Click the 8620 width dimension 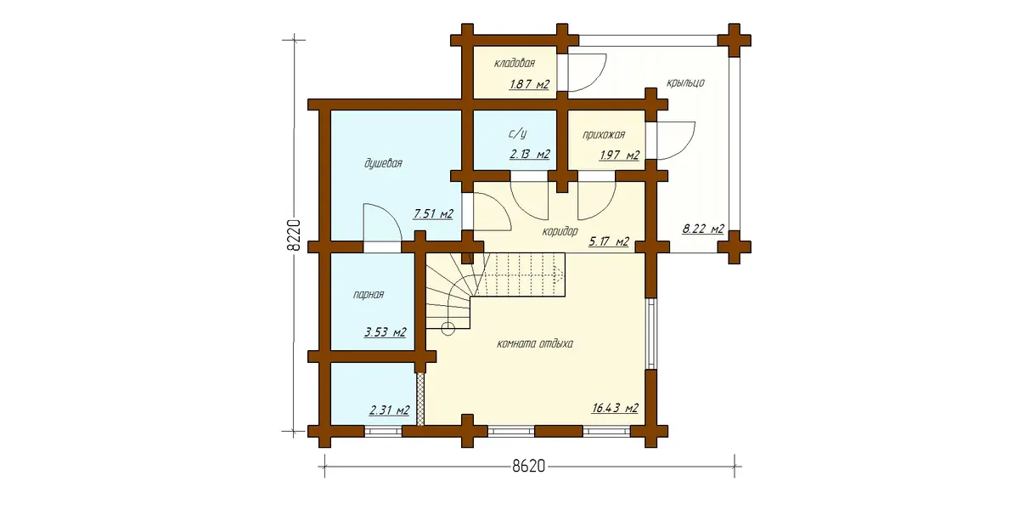point(528,466)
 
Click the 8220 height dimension point(295,235)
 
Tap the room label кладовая point(515,63)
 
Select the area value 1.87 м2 point(530,84)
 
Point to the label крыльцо point(685,82)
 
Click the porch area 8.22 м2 point(703,229)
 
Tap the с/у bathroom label point(518,134)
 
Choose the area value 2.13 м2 point(530,155)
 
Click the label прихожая point(604,135)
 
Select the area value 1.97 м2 point(619,156)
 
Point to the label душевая point(383,163)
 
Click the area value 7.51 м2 point(433,213)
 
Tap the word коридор point(560,231)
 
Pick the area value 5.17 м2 point(609,241)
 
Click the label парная point(369,295)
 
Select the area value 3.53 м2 point(385,332)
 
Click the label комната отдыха point(534,344)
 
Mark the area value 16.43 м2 point(615,408)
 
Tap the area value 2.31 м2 point(390,410)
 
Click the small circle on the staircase point(448,328)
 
